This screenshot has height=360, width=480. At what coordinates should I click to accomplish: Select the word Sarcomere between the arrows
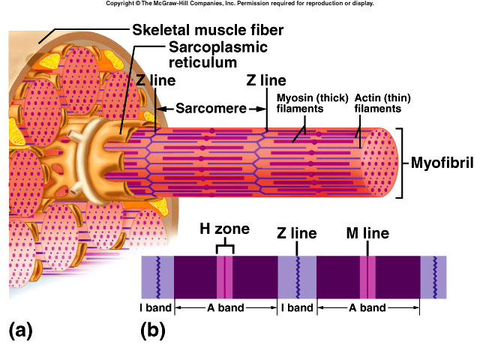click(x=211, y=108)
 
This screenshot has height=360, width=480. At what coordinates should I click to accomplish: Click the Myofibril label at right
click(x=442, y=163)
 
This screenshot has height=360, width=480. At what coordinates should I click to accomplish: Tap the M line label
click(x=367, y=233)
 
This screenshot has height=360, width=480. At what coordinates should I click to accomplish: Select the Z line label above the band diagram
click(x=297, y=233)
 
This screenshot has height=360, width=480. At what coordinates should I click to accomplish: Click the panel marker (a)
click(x=20, y=328)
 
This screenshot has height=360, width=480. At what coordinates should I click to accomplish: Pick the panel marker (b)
click(x=152, y=328)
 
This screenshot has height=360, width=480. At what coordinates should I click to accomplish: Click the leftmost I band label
click(x=157, y=307)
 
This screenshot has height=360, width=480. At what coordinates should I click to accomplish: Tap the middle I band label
click(x=297, y=307)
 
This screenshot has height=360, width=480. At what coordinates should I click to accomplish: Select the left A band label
click(x=225, y=307)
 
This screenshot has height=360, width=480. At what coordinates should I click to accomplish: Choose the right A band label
click(x=367, y=307)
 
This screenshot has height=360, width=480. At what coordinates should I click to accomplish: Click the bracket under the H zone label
click(x=224, y=247)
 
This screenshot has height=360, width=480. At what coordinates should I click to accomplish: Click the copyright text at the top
click(x=240, y=4)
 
